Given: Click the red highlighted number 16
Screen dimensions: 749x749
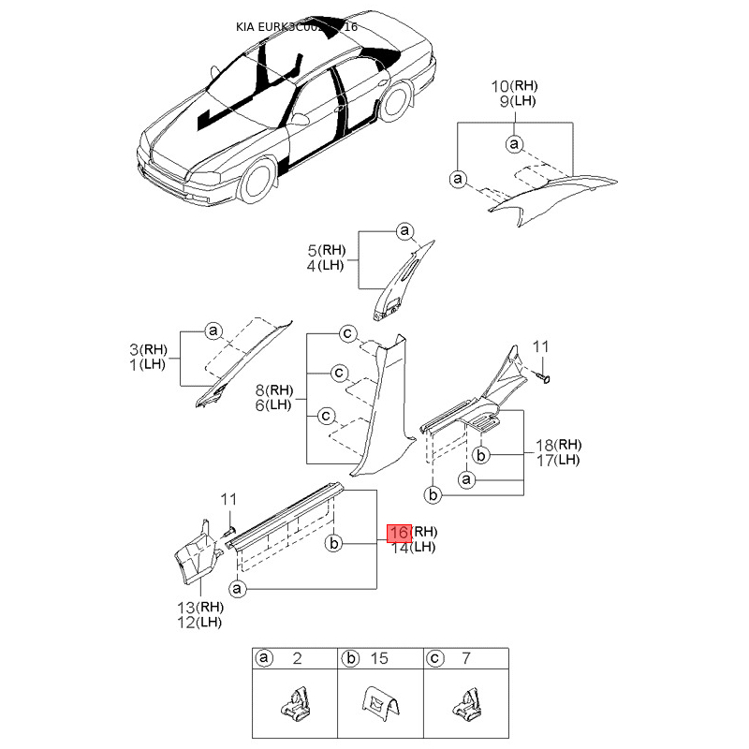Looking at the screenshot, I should coord(400,533).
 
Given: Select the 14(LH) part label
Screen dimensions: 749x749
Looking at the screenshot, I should coord(413,547).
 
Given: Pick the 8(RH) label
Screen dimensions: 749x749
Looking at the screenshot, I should coord(274,389).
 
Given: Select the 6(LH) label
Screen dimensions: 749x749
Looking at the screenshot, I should coord(273,404).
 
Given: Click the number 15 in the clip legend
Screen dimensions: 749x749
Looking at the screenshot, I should coord(380,659).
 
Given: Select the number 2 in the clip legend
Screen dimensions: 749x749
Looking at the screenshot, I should coord(297,659).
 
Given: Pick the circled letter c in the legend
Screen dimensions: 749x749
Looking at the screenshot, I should coord(434,659).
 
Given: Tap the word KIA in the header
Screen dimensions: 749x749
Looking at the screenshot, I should coord(246,27).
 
